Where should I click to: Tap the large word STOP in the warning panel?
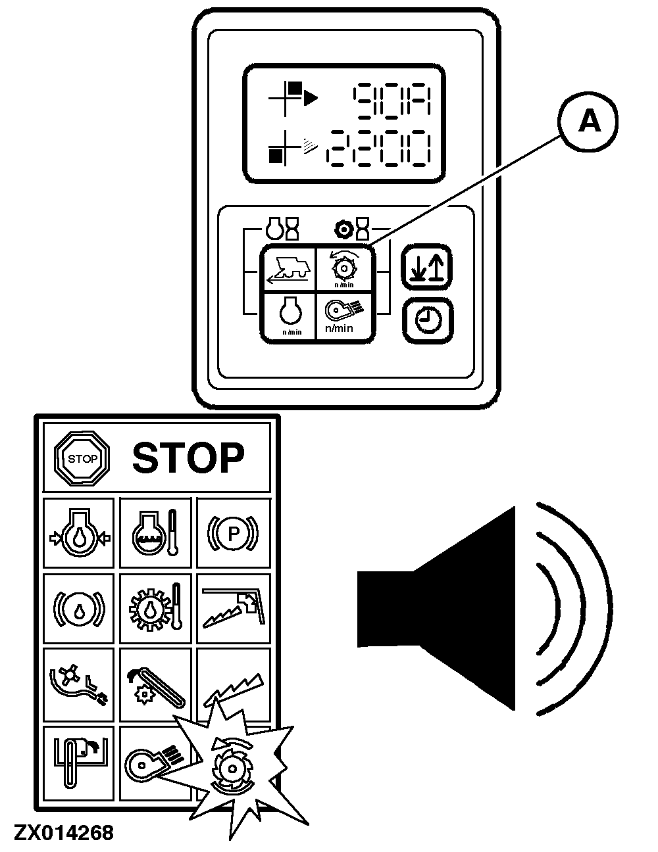click(188, 458)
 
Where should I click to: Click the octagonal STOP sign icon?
click(82, 458)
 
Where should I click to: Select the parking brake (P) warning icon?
click(233, 533)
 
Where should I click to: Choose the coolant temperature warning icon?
click(155, 533)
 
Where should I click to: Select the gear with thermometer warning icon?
click(155, 608)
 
